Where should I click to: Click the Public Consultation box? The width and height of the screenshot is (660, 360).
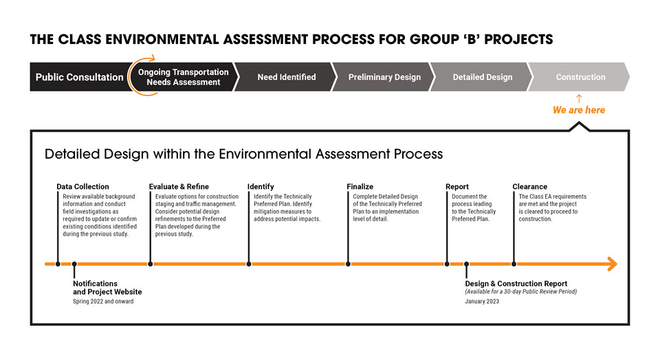[79, 77]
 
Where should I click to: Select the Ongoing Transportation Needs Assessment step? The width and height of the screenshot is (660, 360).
[184, 77]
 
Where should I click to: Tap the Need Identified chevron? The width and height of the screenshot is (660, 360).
[286, 77]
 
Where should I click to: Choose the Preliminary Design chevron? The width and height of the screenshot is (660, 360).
[384, 77]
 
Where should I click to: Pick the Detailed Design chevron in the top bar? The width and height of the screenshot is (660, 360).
[483, 77]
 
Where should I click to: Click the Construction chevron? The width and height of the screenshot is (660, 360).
[580, 77]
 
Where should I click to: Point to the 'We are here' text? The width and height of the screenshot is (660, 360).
[579, 110]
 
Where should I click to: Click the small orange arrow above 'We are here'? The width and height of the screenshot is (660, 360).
[579, 98]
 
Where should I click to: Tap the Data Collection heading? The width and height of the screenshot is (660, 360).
[83, 187]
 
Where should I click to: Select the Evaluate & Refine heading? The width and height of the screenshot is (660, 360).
[179, 187]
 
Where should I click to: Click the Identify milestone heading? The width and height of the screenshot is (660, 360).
[261, 187]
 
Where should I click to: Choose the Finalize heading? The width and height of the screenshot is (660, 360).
[360, 187]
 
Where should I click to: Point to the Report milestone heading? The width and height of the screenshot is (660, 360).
[457, 187]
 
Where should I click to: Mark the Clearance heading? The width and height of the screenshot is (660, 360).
[530, 187]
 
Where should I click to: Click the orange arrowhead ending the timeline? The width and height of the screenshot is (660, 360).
[613, 264]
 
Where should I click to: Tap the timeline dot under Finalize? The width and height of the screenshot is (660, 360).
[348, 264]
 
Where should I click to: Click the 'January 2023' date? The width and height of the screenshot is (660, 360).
[482, 302]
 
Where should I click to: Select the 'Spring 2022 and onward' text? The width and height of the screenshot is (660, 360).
[103, 302]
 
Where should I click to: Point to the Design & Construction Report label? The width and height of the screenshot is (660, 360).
[516, 284]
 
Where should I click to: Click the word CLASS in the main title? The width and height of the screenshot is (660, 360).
[80, 40]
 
